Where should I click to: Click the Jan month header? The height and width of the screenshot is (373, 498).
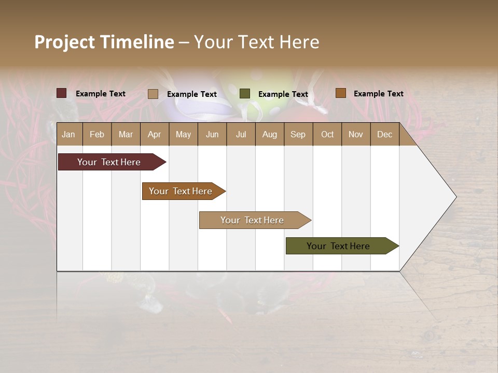(68, 134)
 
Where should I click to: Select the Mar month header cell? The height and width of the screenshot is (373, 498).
(126, 134)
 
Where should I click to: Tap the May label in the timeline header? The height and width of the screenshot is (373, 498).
(183, 134)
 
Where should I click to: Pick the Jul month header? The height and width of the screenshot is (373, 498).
(241, 134)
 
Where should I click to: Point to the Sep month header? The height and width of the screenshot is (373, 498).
(298, 134)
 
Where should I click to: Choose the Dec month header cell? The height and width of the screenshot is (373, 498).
(384, 134)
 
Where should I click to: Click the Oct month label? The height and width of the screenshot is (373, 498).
(327, 134)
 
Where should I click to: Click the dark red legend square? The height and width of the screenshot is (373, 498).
(62, 93)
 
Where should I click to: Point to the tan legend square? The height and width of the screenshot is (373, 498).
(153, 94)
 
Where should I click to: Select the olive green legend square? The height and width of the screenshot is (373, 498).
(245, 94)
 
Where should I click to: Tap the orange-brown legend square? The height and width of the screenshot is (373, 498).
(341, 93)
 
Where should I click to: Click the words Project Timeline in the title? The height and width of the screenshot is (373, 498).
(104, 42)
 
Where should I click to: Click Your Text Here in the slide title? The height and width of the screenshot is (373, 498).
(256, 42)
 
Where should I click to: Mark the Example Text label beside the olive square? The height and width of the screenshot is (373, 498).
(283, 94)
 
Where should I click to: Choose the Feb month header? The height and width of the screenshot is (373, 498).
(97, 134)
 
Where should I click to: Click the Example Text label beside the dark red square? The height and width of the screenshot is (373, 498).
(100, 94)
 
